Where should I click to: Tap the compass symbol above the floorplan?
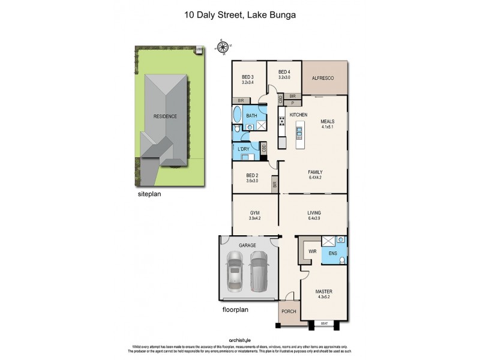[224, 47]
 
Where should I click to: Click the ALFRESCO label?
[322, 79]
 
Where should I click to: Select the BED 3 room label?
[248, 77]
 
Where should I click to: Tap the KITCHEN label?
[299, 114]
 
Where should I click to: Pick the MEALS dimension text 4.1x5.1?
[327, 127]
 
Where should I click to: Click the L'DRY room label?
[244, 148]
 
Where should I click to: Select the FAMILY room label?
[315, 172]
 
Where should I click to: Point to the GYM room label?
[254, 212]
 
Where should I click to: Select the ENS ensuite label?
[333, 253]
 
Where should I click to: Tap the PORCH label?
[289, 312]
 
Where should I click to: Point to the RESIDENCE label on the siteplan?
[165, 116]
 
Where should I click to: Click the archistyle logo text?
[239, 340]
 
